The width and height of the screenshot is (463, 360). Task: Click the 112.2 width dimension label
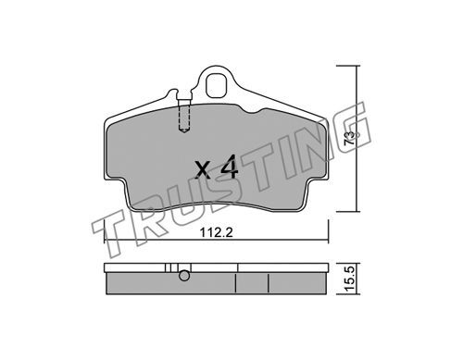click(216, 233)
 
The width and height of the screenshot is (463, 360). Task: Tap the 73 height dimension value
click(349, 138)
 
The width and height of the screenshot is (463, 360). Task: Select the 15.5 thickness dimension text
click(349, 279)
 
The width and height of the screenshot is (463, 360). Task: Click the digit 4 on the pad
click(229, 168)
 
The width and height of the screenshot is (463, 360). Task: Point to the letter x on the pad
click(203, 170)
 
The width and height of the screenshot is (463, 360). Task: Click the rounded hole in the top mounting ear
click(216, 84)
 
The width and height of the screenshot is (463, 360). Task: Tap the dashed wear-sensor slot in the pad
click(184, 118)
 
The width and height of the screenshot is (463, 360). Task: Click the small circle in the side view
click(184, 276)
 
